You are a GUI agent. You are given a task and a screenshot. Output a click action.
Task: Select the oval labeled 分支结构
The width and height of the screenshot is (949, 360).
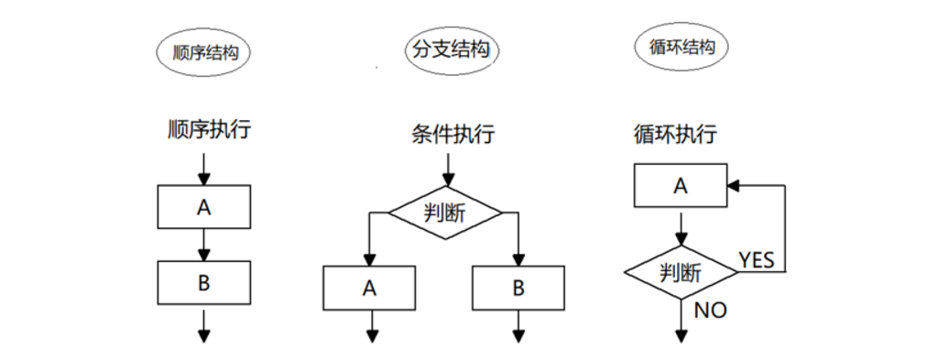click(x=449, y=50)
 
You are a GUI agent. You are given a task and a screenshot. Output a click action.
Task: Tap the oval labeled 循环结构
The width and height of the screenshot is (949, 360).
click(x=681, y=47)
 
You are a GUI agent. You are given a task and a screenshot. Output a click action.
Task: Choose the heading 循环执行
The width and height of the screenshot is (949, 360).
click(x=675, y=134)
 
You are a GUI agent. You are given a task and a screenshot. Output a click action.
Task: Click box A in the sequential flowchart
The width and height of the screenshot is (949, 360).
click(x=203, y=207)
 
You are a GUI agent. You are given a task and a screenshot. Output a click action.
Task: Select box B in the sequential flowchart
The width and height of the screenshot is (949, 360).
click(x=203, y=282)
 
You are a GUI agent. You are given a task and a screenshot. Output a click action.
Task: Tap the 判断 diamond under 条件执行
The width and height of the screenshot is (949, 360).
click(x=445, y=213)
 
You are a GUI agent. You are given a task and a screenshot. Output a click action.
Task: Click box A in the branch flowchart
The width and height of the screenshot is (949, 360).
click(x=369, y=288)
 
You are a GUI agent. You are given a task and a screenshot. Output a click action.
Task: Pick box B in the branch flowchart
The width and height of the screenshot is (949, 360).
click(x=518, y=288)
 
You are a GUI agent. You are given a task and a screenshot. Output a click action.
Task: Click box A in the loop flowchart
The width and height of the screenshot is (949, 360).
click(x=680, y=186)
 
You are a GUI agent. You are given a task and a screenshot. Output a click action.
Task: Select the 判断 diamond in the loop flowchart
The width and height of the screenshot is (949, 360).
click(x=681, y=272)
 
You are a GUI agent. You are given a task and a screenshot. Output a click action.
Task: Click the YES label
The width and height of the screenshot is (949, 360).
click(x=757, y=260)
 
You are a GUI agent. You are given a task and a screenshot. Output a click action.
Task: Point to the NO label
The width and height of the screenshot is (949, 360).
click(x=710, y=311)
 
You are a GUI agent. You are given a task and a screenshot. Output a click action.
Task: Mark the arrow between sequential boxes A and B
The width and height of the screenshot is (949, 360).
click(x=203, y=245)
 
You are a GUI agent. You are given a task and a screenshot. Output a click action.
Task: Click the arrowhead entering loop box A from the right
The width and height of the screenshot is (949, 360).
click(x=733, y=186)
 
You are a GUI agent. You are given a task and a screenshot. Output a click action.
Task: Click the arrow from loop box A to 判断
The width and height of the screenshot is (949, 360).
click(x=681, y=227)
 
